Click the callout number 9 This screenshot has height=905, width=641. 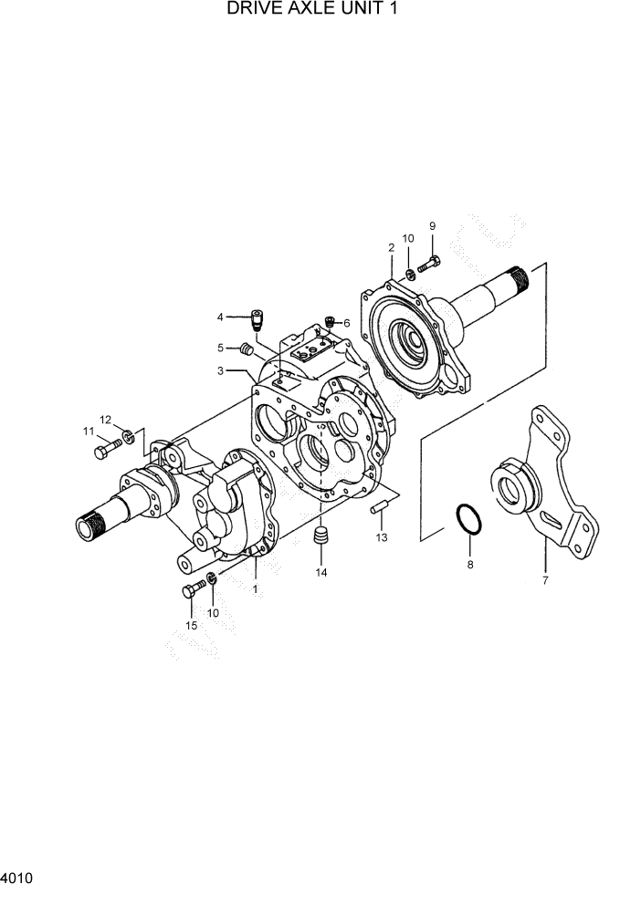[x=432, y=226]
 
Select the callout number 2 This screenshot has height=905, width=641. [x=391, y=247]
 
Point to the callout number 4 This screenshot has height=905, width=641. [x=220, y=317]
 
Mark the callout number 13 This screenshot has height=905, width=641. [x=382, y=537]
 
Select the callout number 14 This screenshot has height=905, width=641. [x=320, y=572]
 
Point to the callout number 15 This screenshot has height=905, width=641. [x=191, y=625]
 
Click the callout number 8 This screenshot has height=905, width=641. [x=470, y=566]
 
